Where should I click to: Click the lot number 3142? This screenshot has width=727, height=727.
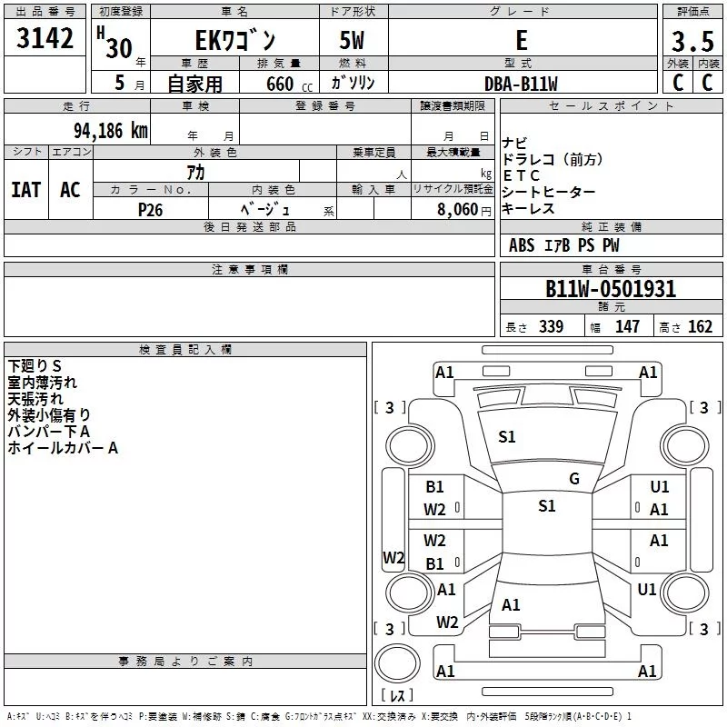[x=45, y=38]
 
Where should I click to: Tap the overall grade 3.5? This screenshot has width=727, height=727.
[x=692, y=42]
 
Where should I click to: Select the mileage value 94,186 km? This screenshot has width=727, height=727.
[x=111, y=131]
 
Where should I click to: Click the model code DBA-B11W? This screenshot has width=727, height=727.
[x=521, y=84]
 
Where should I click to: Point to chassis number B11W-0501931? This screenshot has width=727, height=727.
[x=611, y=289]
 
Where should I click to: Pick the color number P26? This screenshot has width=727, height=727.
[x=150, y=210]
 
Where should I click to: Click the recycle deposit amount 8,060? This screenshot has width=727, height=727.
[x=458, y=209]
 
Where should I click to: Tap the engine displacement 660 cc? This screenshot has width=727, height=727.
[x=289, y=84]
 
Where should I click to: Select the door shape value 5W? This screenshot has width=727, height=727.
[x=352, y=40]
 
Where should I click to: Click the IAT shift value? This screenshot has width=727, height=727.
[x=26, y=190]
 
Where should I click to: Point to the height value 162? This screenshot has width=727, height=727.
[x=700, y=327]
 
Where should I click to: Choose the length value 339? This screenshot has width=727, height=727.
[x=551, y=327]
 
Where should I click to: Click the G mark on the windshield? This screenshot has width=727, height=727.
[x=574, y=479]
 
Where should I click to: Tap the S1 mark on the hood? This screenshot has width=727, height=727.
[x=507, y=437]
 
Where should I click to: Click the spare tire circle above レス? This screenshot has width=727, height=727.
[x=397, y=663]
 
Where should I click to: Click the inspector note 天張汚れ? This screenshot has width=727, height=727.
[x=35, y=399]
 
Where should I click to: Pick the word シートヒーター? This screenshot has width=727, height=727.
[x=548, y=192]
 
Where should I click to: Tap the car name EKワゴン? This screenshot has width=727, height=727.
[x=235, y=40]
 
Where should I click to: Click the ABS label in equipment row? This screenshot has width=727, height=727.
[x=522, y=245]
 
